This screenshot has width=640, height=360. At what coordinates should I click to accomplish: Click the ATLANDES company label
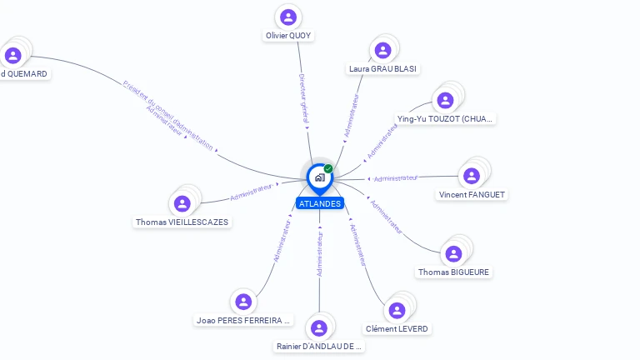pos(319,203)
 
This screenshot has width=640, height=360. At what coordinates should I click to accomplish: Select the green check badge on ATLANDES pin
pos(328,168)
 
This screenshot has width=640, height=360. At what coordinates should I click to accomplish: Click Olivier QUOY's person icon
pos(288,17)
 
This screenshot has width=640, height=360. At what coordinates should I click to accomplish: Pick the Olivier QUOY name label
pos(288,36)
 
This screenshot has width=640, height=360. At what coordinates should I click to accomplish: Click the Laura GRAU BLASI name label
pos(383,68)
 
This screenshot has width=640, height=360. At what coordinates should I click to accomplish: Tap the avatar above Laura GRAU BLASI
pos(382,50)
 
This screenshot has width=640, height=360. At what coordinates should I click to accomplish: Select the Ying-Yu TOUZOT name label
pos(445,119)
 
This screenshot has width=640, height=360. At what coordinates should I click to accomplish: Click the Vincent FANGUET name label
pos(472,195)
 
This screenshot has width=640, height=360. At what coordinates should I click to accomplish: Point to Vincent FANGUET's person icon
pos(472,176)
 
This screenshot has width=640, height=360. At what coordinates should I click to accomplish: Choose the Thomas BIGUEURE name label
pos(454,272)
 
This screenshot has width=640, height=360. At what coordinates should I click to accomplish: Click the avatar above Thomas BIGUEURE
pos(454,253)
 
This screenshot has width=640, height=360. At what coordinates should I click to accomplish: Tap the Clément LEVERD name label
pos(397,329)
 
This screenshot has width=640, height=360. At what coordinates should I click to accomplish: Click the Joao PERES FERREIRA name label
pos(243,320)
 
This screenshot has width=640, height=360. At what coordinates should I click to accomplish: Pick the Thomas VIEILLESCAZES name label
pos(182,222)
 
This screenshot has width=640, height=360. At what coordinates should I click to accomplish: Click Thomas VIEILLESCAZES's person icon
pos(182,203)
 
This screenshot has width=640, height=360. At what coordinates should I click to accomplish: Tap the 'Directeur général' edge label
pos(304,99)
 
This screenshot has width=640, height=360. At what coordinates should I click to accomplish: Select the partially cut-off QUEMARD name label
pos(24,73)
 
